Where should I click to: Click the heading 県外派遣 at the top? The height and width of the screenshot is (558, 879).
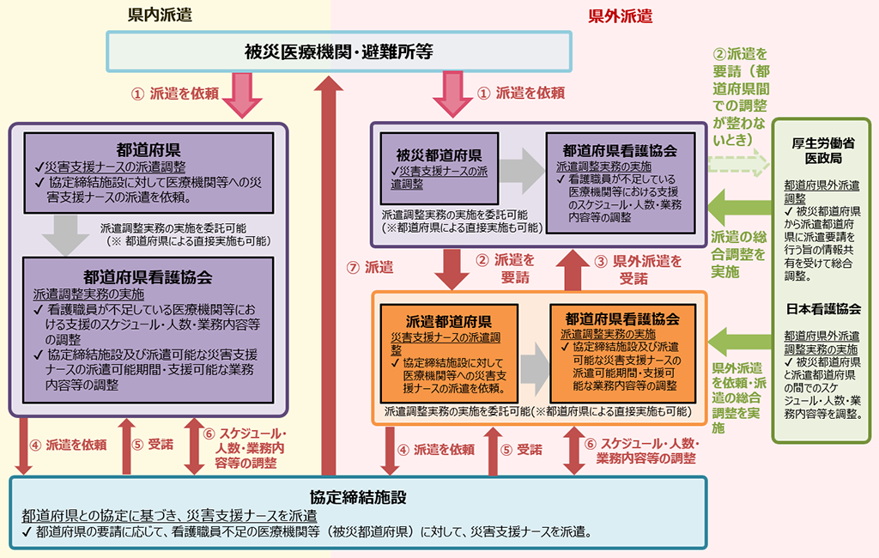pos(620,15)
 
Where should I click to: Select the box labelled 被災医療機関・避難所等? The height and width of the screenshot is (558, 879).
pos(338,52)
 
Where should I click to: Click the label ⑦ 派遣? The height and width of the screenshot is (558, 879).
pos(371,267)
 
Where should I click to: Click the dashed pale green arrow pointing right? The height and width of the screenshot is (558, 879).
pos(737,160)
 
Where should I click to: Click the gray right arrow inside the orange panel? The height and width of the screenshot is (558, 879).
pos(534,361)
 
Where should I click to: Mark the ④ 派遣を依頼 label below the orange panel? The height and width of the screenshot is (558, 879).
pos(437,449)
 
